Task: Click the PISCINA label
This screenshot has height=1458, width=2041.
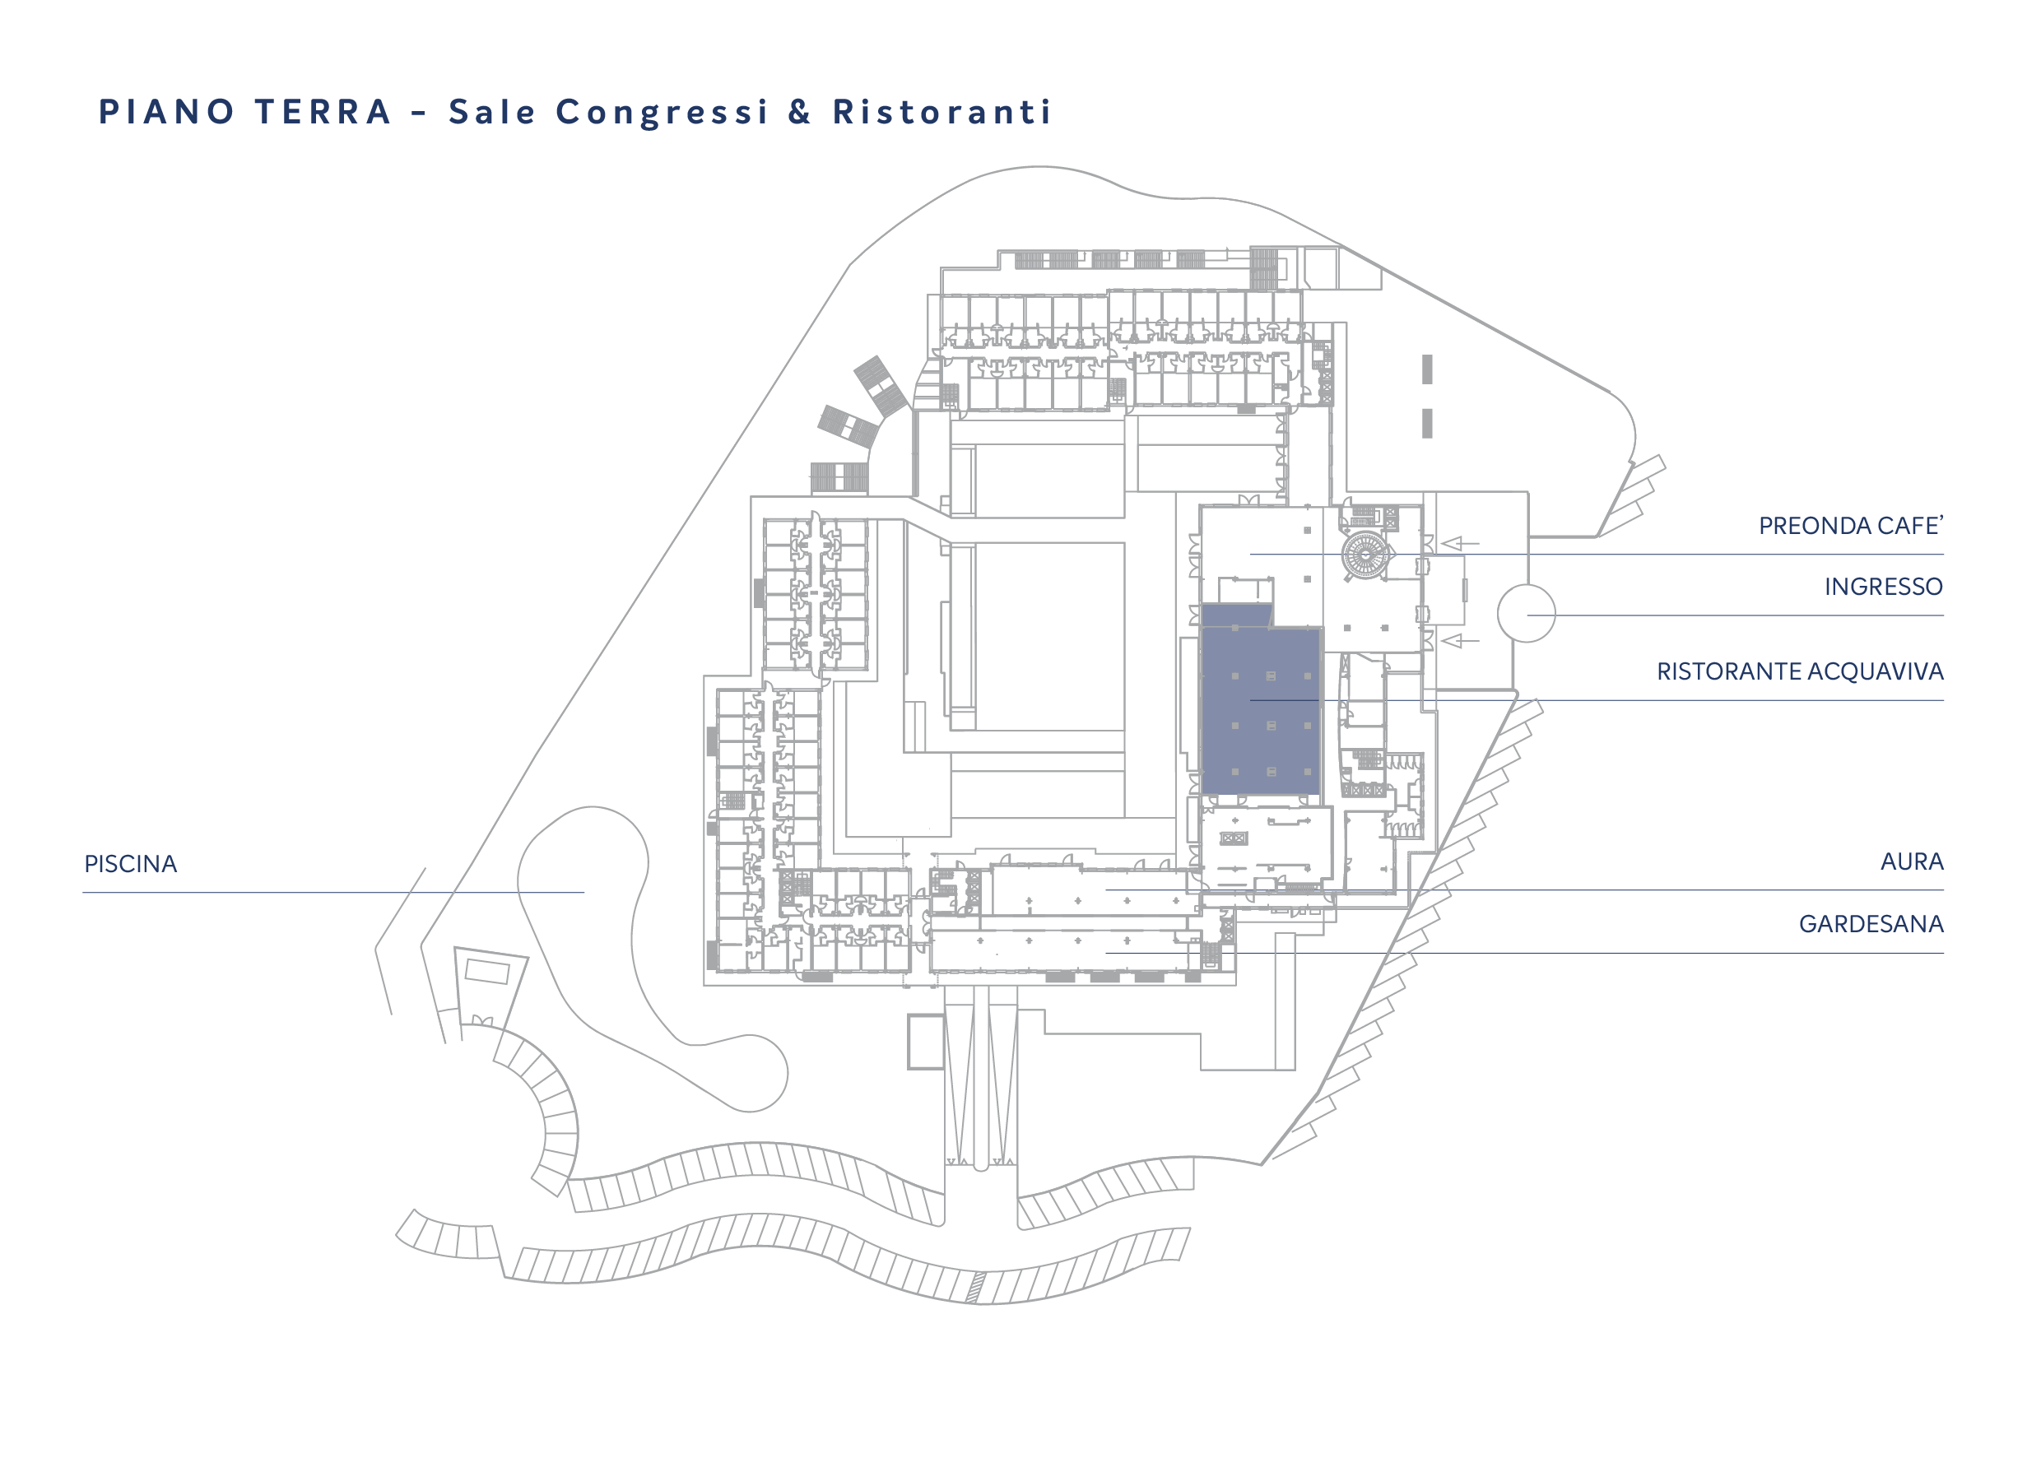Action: (131, 864)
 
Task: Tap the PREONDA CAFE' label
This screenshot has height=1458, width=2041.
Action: (1851, 525)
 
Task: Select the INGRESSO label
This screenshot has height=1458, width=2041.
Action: (1883, 587)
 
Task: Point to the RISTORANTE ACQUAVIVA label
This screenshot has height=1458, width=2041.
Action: (1800, 671)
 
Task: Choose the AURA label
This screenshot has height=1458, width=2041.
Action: (1912, 861)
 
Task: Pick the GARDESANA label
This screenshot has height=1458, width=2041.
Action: (1871, 924)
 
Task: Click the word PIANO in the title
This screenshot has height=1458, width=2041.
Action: (166, 112)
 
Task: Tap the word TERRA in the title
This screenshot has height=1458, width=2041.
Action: (323, 112)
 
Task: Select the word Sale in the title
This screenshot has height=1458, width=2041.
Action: (492, 112)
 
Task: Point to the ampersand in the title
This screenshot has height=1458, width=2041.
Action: (800, 112)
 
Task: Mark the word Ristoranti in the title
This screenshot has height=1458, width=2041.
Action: (942, 112)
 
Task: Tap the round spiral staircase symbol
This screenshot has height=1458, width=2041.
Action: (1365, 555)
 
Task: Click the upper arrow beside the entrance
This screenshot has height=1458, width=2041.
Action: (1460, 543)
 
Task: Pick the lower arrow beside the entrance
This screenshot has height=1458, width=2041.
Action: (1460, 640)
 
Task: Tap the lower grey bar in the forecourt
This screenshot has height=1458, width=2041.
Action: (1427, 424)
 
